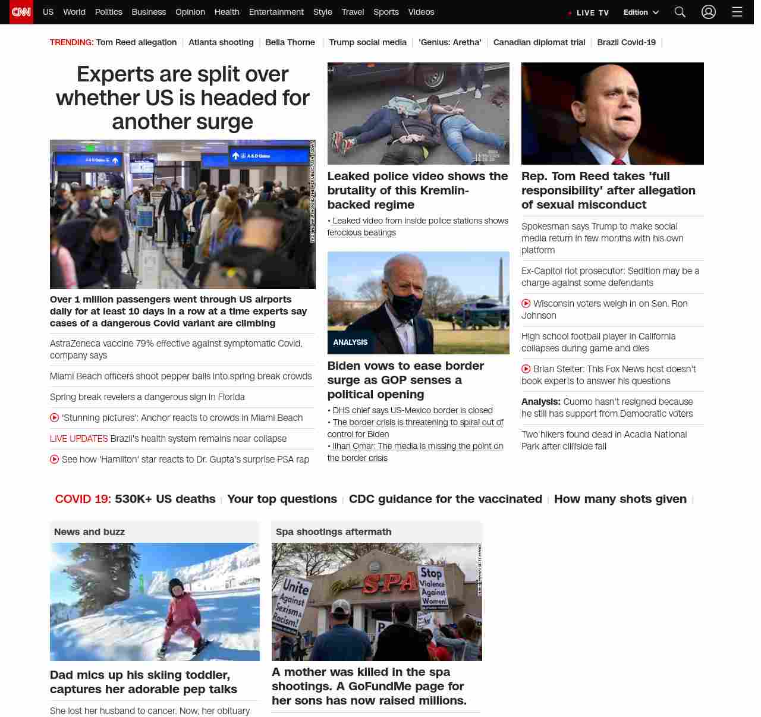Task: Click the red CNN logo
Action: (x=21, y=12)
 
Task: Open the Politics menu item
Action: (x=108, y=12)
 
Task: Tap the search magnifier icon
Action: (x=680, y=12)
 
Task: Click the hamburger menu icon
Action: (x=737, y=12)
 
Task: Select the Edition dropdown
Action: (x=641, y=12)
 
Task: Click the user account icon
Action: (x=709, y=12)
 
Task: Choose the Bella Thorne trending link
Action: (x=290, y=42)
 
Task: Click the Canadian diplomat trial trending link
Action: (x=539, y=42)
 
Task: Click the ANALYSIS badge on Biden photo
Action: (x=350, y=342)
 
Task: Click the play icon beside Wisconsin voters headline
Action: (x=526, y=304)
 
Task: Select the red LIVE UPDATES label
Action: (x=79, y=439)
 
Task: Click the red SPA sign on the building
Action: (x=389, y=583)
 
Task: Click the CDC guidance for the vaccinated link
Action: (x=445, y=499)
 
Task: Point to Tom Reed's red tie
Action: (x=618, y=161)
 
